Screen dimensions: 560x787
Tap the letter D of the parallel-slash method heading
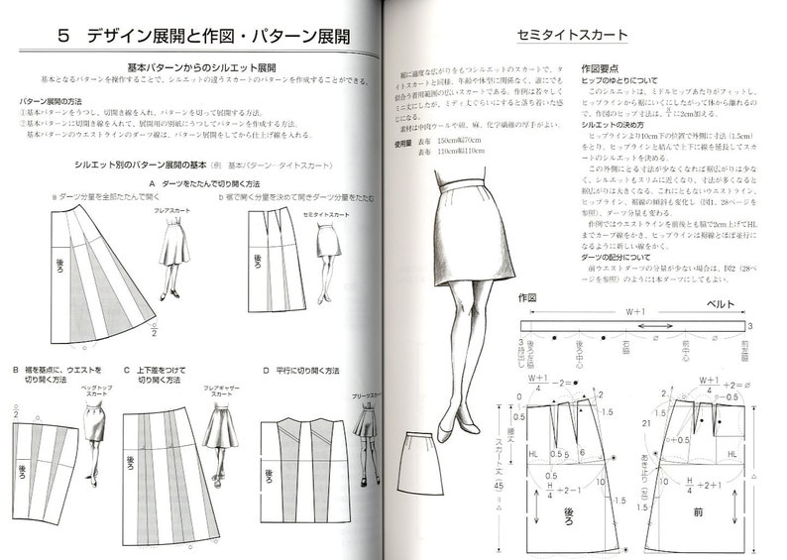[267, 371]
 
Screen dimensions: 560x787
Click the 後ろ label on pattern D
[269, 475]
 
